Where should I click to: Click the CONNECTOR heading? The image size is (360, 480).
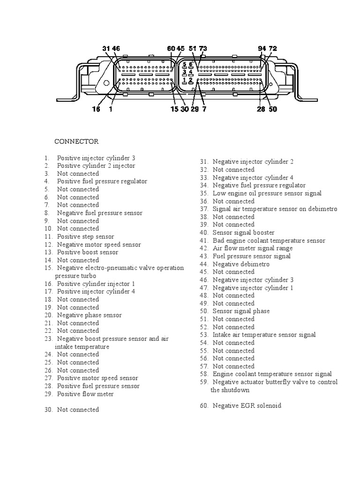(76, 141)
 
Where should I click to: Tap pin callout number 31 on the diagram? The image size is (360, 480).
(106, 48)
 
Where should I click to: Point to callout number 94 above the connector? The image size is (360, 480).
(262, 48)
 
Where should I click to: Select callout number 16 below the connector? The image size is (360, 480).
(96, 109)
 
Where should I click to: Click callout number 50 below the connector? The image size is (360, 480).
(273, 109)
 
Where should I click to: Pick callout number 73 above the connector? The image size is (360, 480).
(203, 48)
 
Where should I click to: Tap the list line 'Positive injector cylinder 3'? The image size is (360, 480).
(96, 158)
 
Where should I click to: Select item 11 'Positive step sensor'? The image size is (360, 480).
(85, 237)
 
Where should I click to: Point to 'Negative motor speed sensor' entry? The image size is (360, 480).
(99, 245)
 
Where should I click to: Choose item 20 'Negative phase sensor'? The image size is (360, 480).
(89, 315)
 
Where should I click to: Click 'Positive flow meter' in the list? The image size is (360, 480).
(85, 394)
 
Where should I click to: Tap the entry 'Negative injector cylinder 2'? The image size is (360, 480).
(253, 162)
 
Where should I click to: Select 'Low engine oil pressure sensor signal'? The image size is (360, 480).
(267, 193)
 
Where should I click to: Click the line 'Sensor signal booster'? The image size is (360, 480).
(244, 232)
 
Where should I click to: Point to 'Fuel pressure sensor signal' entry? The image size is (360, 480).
(252, 256)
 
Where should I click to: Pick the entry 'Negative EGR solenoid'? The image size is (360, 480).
(247, 405)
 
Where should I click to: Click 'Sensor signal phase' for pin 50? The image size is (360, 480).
(241, 311)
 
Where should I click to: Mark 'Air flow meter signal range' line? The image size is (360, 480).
(253, 248)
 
